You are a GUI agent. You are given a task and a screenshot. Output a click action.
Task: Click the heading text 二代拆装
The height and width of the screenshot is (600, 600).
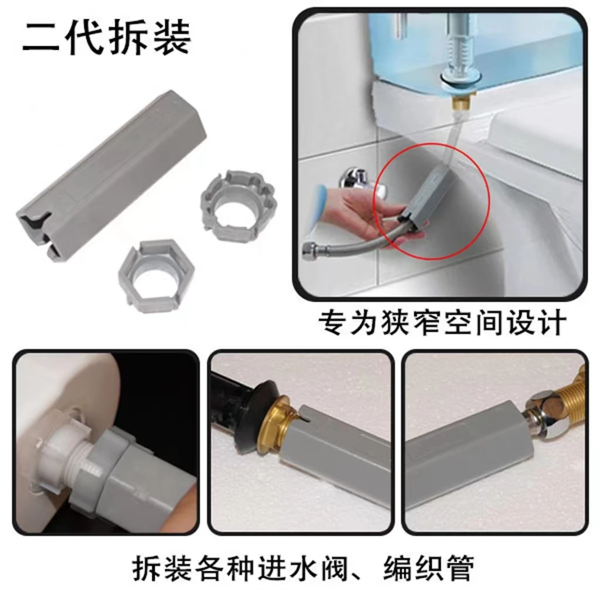107,37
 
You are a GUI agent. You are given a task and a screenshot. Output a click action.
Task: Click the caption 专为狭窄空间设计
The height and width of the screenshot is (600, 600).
442,323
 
